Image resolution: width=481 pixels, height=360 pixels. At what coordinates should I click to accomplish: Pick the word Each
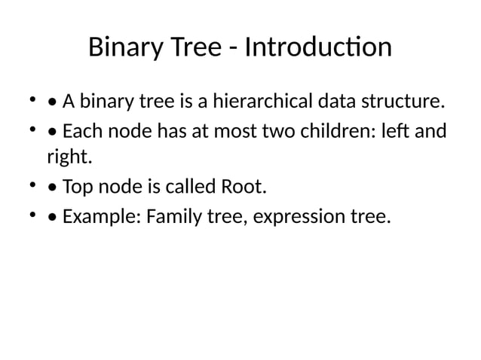(x=81, y=132)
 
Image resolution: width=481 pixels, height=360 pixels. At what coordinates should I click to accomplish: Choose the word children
(x=342, y=132)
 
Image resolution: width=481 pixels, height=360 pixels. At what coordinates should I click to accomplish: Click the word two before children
(x=286, y=132)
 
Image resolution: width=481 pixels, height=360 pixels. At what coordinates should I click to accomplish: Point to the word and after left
(x=430, y=132)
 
